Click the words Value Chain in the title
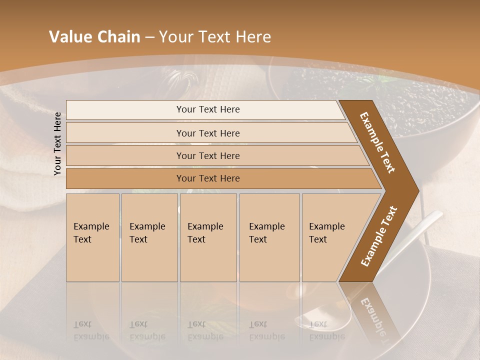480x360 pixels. tap(94, 37)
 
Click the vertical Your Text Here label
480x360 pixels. tap(57, 143)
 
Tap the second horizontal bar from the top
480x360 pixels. tap(208, 133)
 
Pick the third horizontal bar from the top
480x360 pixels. tap(208, 155)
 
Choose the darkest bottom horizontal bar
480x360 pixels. tap(208, 178)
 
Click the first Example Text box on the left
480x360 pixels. tap(92, 237)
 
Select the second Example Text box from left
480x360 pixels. tap(149, 237)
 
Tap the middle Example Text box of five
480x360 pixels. tap(208, 237)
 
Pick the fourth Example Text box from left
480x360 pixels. tap(269, 237)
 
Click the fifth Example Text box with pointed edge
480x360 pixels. tap(330, 237)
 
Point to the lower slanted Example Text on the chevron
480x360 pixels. tap(379, 236)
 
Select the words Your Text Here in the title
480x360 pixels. tap(215, 37)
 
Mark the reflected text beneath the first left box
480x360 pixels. tap(91, 330)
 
